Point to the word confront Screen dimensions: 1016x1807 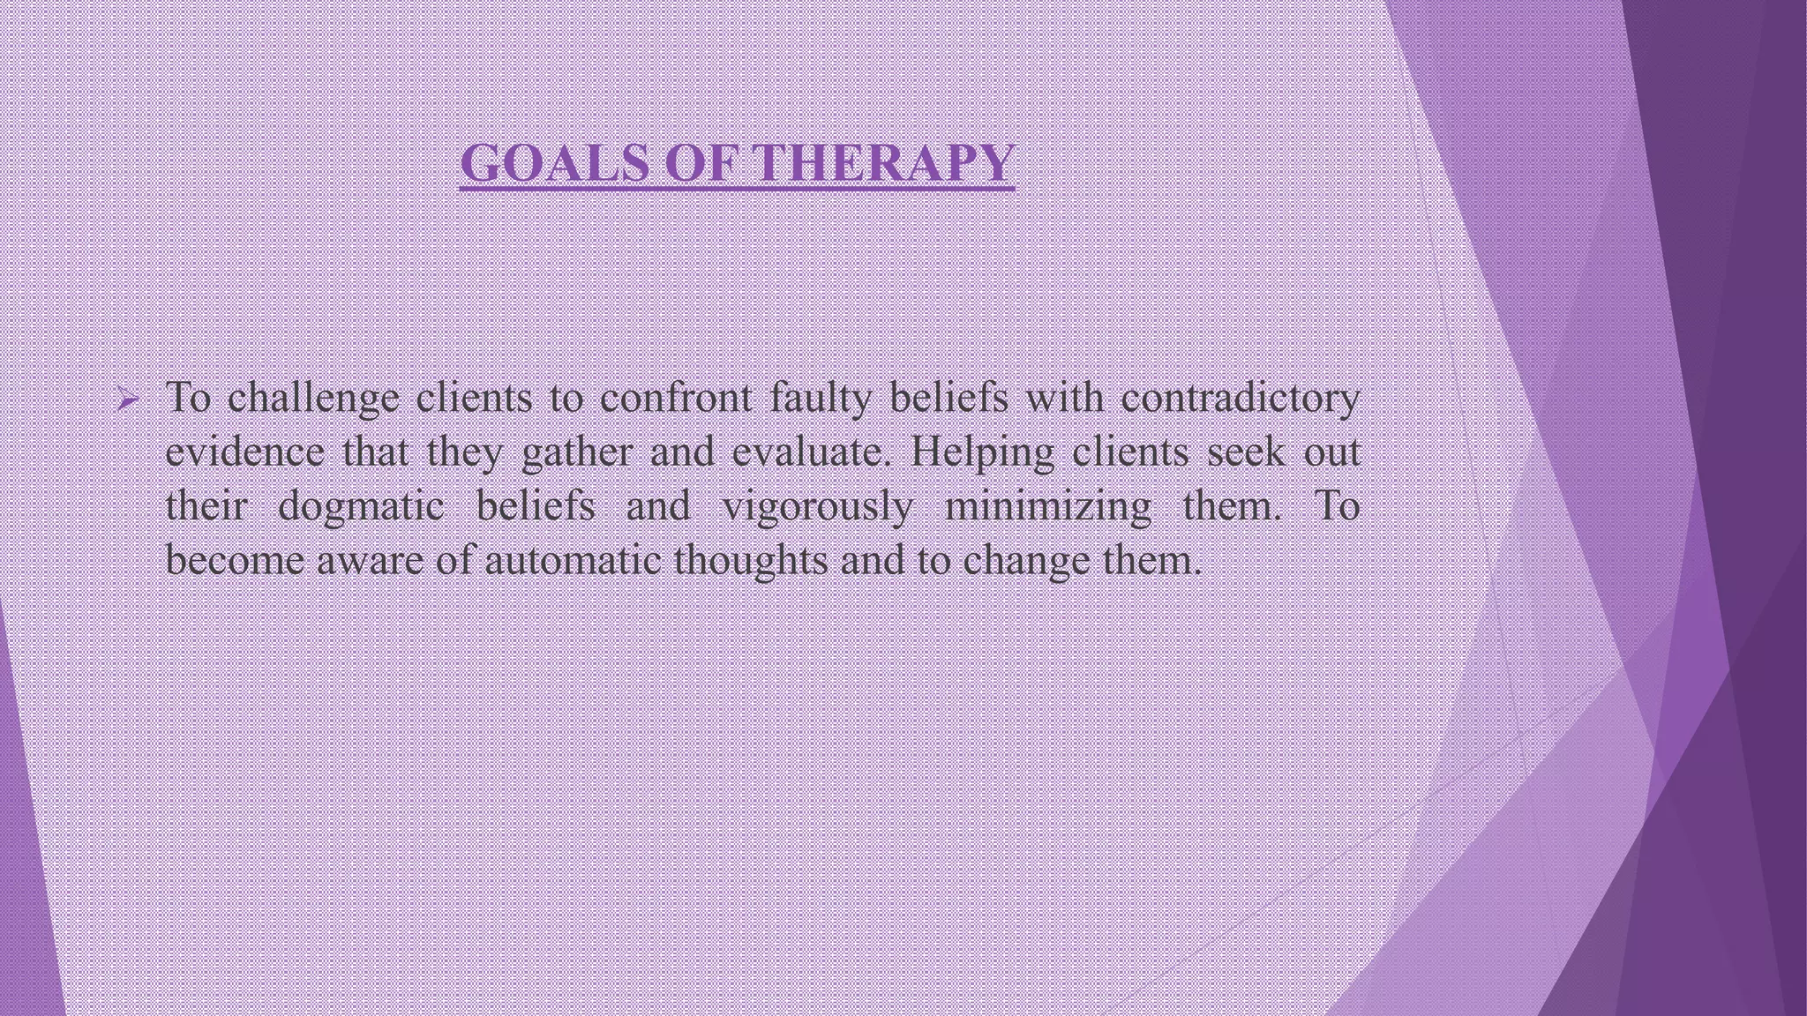point(676,399)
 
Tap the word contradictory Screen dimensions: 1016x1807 point(1240,399)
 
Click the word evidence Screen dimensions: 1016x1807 point(244,453)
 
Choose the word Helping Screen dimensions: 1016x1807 point(981,453)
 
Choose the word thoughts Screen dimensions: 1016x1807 point(750,561)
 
